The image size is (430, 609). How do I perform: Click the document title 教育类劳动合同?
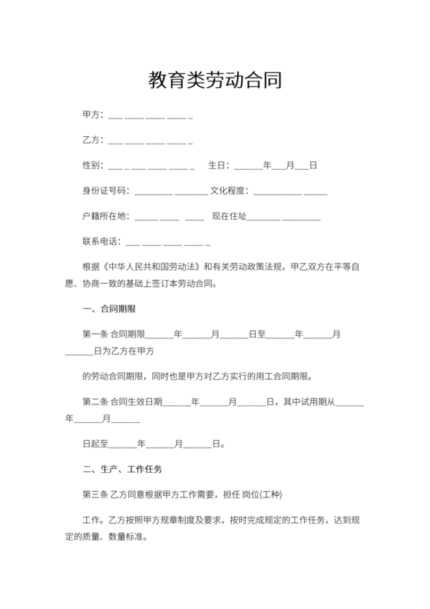tap(214, 80)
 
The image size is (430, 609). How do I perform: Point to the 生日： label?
tap(219, 165)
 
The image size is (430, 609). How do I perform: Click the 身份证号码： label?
tap(106, 191)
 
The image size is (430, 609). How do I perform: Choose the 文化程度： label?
tap(230, 191)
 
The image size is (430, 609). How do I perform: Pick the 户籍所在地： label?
tap(106, 216)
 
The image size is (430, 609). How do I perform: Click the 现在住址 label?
tap(230, 216)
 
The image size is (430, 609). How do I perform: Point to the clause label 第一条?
tap(95, 334)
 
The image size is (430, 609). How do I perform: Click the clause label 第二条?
tap(95, 401)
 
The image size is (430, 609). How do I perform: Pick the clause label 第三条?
tap(95, 494)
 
